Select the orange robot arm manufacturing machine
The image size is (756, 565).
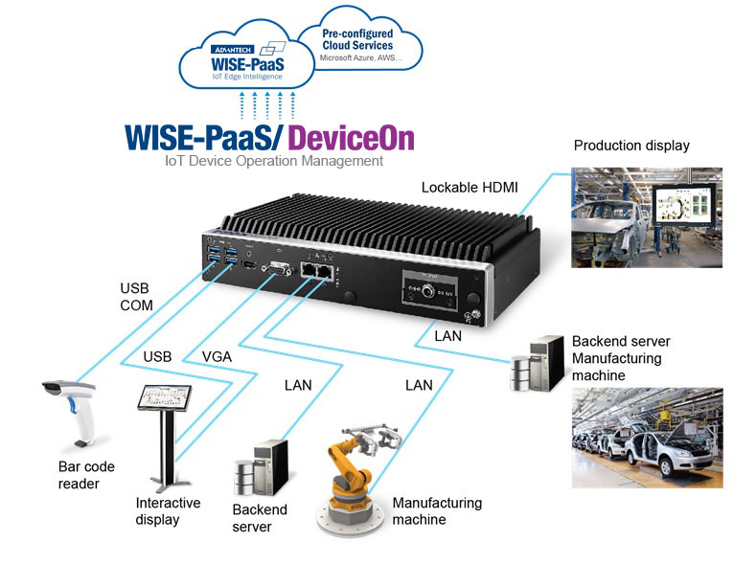pyautogui.click(x=358, y=470)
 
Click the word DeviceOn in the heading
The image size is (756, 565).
pyautogui.click(x=352, y=138)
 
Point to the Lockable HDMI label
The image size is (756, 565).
pyautogui.click(x=470, y=187)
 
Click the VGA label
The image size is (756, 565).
pyautogui.click(x=217, y=356)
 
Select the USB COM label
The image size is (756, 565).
pyautogui.click(x=135, y=296)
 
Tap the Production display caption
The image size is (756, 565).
pyautogui.click(x=631, y=146)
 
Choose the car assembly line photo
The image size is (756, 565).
pyautogui.click(x=661, y=435)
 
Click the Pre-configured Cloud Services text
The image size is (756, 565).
pyautogui.click(x=358, y=39)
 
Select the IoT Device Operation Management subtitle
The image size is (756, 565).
pyautogui.click(x=274, y=161)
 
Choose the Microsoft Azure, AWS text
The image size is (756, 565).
pyautogui.click(x=357, y=58)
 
